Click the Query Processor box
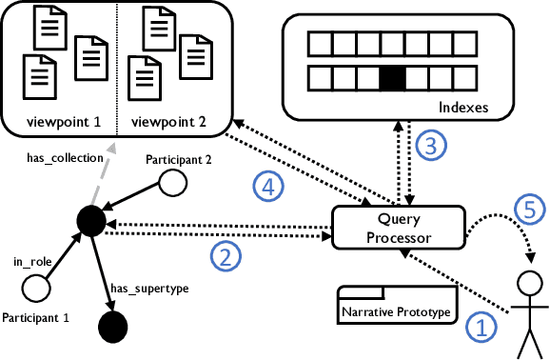pyautogui.click(x=398, y=229)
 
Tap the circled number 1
pyautogui.click(x=481, y=329)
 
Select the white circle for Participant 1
pyautogui.click(x=37, y=285)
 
